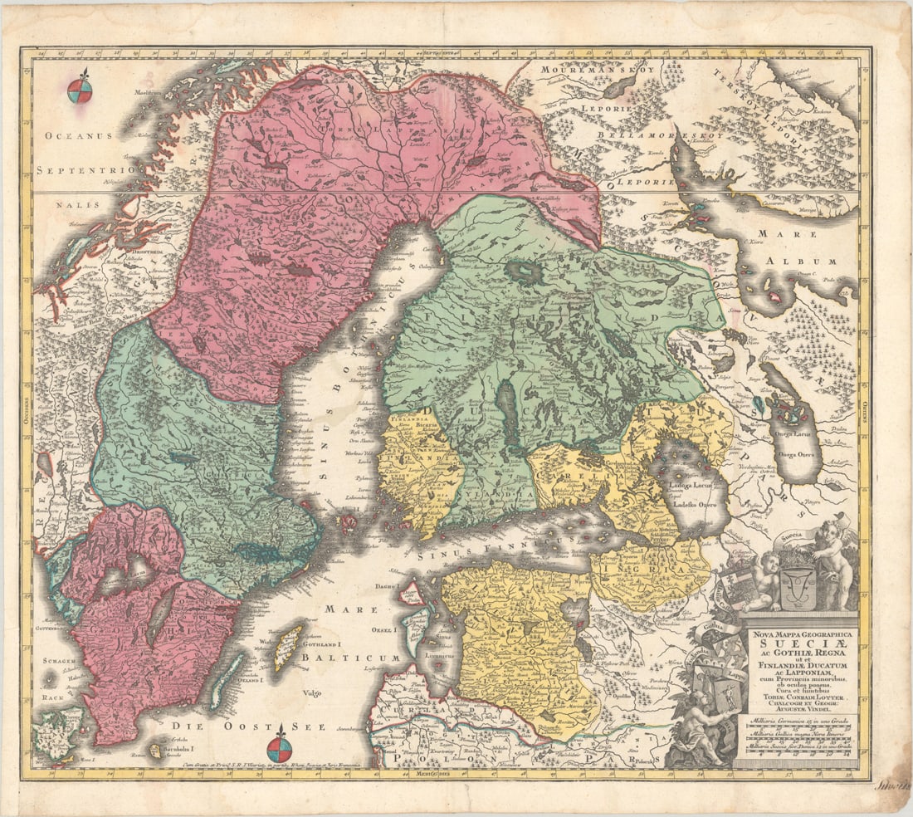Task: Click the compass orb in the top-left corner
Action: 80,91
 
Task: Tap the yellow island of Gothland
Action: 288,648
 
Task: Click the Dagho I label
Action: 386,587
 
